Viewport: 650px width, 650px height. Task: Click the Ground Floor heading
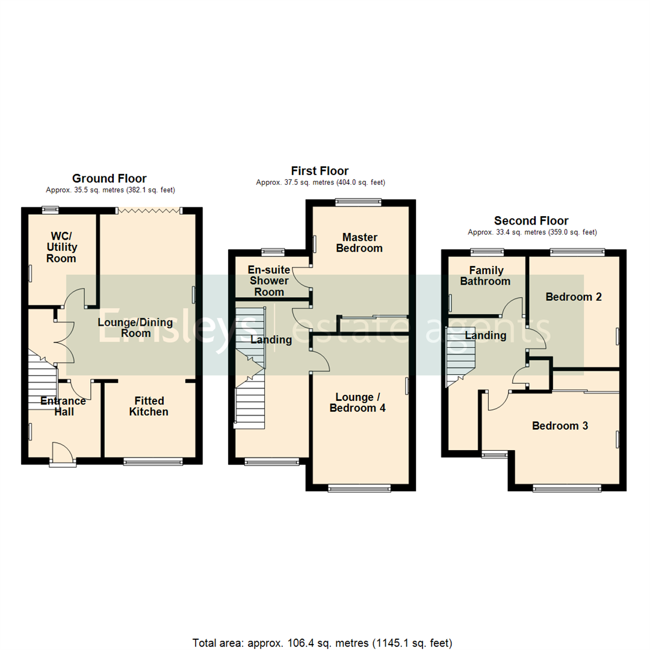coord(109,178)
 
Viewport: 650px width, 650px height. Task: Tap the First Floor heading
coord(320,171)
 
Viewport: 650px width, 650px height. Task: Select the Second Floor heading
coord(531,221)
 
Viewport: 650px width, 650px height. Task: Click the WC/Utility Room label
coord(61,247)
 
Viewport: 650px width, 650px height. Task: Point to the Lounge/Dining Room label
coord(135,328)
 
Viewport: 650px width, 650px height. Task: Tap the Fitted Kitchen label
coord(149,406)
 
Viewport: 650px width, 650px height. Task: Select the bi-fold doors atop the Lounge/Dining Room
coord(149,210)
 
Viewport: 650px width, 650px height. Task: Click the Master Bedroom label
coord(359,242)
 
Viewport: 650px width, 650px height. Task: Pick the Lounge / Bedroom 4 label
coord(360,402)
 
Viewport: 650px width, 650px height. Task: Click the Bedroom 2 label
coord(574,297)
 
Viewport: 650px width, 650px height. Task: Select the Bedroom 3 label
coord(560,426)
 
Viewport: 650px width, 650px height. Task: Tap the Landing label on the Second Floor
coord(486,336)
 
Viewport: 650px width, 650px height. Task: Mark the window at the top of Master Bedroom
coord(358,202)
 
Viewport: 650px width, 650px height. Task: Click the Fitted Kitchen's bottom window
coord(153,462)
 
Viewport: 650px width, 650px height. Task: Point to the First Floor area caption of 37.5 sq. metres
coord(320,182)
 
